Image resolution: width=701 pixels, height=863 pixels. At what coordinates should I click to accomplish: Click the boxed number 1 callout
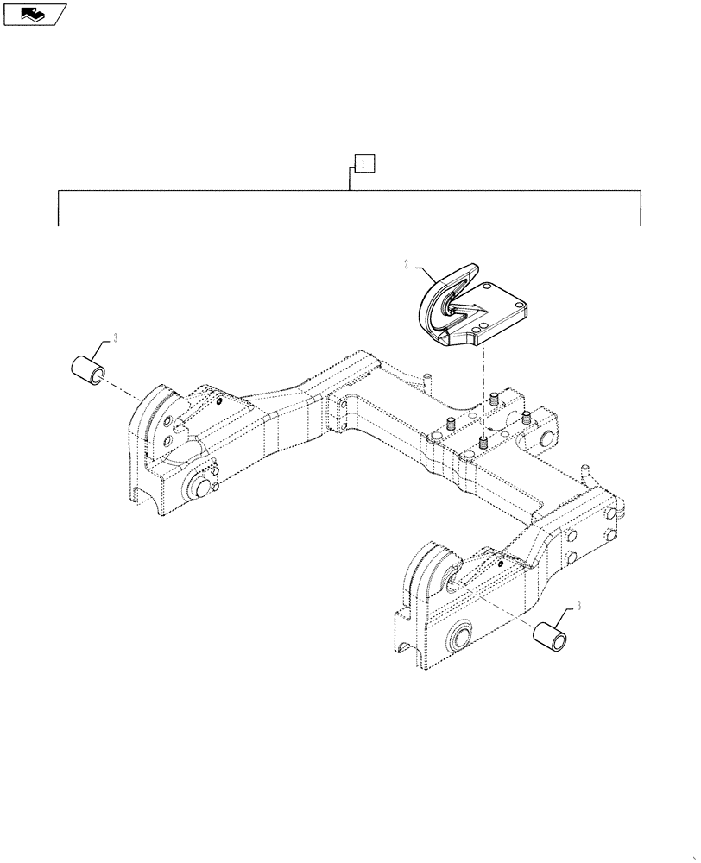coord(365,163)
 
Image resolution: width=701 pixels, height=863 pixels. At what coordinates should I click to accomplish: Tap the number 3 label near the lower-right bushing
coord(579,605)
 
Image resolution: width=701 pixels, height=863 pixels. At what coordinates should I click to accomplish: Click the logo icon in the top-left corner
coord(35,13)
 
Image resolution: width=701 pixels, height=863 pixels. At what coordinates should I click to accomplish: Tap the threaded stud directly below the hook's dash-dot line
coord(484,442)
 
